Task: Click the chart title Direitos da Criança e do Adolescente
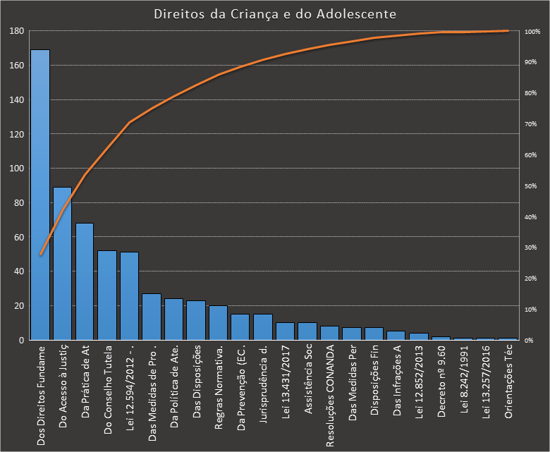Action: click(x=275, y=14)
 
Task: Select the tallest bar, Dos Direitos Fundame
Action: click(x=39, y=195)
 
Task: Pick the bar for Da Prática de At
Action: click(x=85, y=281)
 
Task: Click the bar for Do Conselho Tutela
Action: click(x=107, y=295)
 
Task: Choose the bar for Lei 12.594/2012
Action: click(x=129, y=295)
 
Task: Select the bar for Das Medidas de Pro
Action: click(x=152, y=317)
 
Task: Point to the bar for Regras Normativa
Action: click(x=219, y=322)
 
